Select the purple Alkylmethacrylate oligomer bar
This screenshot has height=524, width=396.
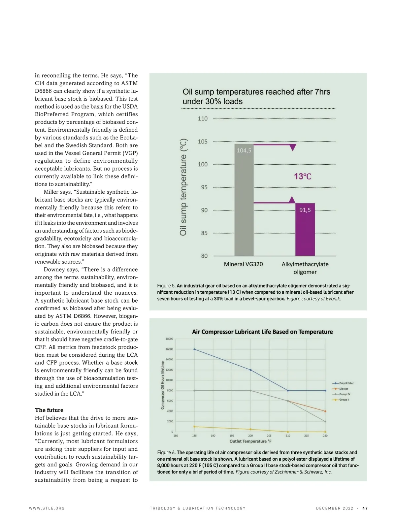pos(305,231)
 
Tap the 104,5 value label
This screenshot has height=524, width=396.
pos(244,150)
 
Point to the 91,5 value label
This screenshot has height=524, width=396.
pos(305,210)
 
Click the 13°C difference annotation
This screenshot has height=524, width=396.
pos(302,177)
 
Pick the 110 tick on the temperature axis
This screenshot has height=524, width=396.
pos(203,119)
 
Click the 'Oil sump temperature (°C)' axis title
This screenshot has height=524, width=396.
pos(183,187)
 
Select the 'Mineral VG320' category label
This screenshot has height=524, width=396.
pos(243,264)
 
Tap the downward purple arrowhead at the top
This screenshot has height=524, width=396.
pos(292,147)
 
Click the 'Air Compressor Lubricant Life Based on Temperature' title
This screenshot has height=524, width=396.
pos(262,332)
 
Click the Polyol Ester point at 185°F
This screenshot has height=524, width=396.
pos(194,349)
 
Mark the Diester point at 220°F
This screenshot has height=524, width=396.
pos(325,411)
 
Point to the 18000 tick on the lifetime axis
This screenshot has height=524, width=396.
pos(169,339)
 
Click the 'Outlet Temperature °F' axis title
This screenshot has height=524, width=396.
pos(250,441)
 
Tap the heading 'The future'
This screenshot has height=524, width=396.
pos(49,410)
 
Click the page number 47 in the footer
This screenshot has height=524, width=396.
pos(365,508)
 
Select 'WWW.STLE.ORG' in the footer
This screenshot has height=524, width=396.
pos(47,508)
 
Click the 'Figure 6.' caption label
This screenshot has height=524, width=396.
pos(166,452)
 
